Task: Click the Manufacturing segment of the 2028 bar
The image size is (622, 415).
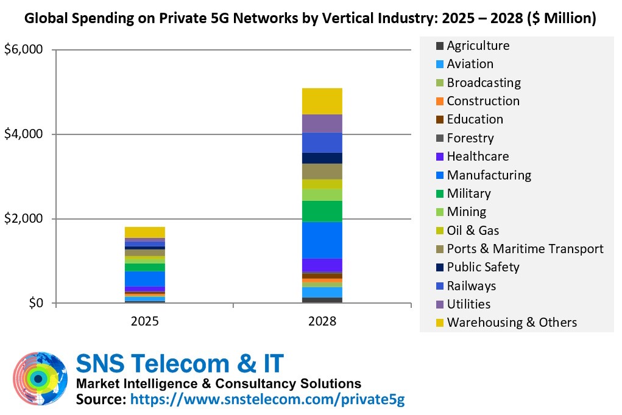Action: (x=322, y=240)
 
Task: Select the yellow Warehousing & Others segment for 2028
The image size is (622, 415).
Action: (x=322, y=101)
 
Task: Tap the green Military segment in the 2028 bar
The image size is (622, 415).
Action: (x=322, y=211)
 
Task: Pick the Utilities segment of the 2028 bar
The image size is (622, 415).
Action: (x=322, y=124)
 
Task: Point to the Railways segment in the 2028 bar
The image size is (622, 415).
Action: (x=322, y=142)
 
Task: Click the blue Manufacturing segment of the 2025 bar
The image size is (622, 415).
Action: (x=145, y=279)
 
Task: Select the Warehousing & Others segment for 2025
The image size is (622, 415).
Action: (x=145, y=232)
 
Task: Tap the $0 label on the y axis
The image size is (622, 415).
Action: (x=34, y=303)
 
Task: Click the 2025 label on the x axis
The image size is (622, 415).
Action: (x=145, y=321)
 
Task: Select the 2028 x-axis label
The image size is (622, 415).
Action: (x=322, y=321)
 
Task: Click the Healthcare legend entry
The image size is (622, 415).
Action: (x=478, y=156)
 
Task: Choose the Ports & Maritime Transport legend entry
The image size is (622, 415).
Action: (x=525, y=249)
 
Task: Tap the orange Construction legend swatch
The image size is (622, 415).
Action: (x=439, y=101)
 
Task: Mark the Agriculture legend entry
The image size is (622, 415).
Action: (x=478, y=46)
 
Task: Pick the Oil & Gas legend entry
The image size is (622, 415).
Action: (x=473, y=231)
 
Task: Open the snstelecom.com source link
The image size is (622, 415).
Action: (x=268, y=399)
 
